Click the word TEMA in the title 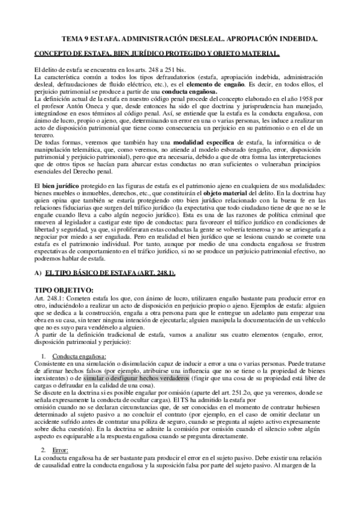(73, 38)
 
